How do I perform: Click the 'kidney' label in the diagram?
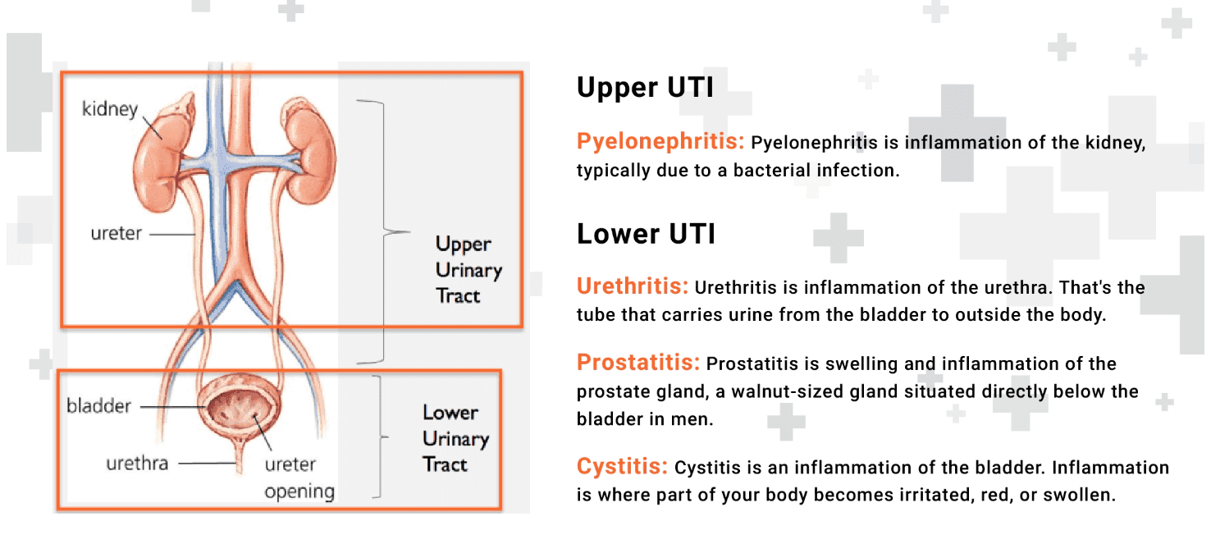[110, 109]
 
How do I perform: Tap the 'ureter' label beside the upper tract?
[116, 234]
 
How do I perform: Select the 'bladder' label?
[98, 405]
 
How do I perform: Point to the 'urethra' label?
[137, 464]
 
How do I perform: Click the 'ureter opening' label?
[299, 478]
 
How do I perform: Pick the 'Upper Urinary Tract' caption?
[468, 269]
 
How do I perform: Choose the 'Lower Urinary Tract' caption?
[455, 438]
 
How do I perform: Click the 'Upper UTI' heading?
[645, 88]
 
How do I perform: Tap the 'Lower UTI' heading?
[646, 234]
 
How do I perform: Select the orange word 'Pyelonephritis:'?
[660, 142]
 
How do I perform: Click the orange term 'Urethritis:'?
[632, 286]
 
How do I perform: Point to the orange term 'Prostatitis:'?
[638, 362]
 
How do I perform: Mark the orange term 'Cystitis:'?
[622, 467]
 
